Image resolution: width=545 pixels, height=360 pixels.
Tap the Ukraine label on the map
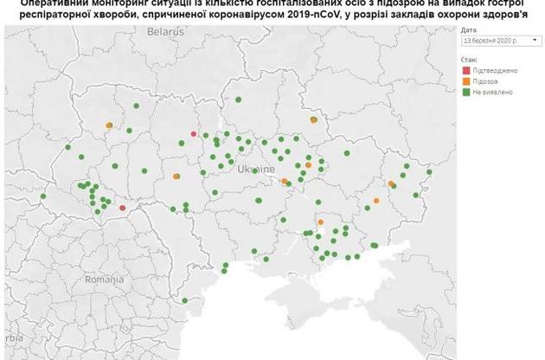[x=256, y=169]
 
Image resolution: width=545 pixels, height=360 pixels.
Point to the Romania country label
[x=105, y=280]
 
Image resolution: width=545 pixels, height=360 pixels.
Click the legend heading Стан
[x=469, y=58]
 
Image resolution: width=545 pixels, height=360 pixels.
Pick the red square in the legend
[x=465, y=68]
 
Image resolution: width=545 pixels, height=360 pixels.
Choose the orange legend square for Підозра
[x=465, y=80]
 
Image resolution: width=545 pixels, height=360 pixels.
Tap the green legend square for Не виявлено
[x=465, y=90]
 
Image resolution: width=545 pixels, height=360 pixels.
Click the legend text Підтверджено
[x=492, y=68]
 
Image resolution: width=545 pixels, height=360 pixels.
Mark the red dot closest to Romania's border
[x=122, y=208]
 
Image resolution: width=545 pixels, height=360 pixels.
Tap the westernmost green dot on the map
[x=42, y=196]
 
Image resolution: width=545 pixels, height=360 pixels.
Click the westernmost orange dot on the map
[x=109, y=125]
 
